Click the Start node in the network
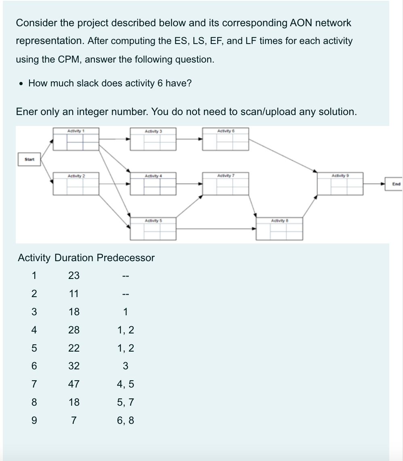coord(29,159)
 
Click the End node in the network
coord(396,184)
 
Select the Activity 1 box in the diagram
coord(76,139)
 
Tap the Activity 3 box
coord(153,139)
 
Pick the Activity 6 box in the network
coord(225,139)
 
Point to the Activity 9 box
coord(340,184)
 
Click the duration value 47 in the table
coord(73,384)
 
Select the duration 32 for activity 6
coord(73,366)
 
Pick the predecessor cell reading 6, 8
coord(125,421)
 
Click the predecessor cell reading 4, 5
coord(125,384)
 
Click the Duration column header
coord(73,258)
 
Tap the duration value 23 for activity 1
coord(73,276)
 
